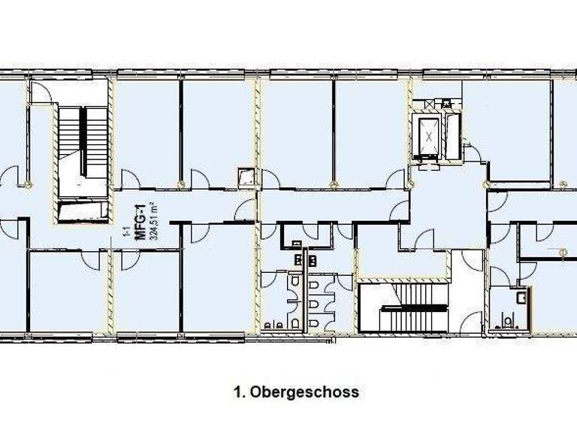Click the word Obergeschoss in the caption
pos(304,392)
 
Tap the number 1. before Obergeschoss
pos(240,392)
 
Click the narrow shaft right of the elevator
pos(452,137)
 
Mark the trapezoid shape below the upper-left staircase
pos(82,210)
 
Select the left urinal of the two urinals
pos(268,325)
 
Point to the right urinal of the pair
pos(279,325)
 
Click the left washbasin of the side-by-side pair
pos(298,260)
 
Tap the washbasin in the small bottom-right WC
pos(521,298)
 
